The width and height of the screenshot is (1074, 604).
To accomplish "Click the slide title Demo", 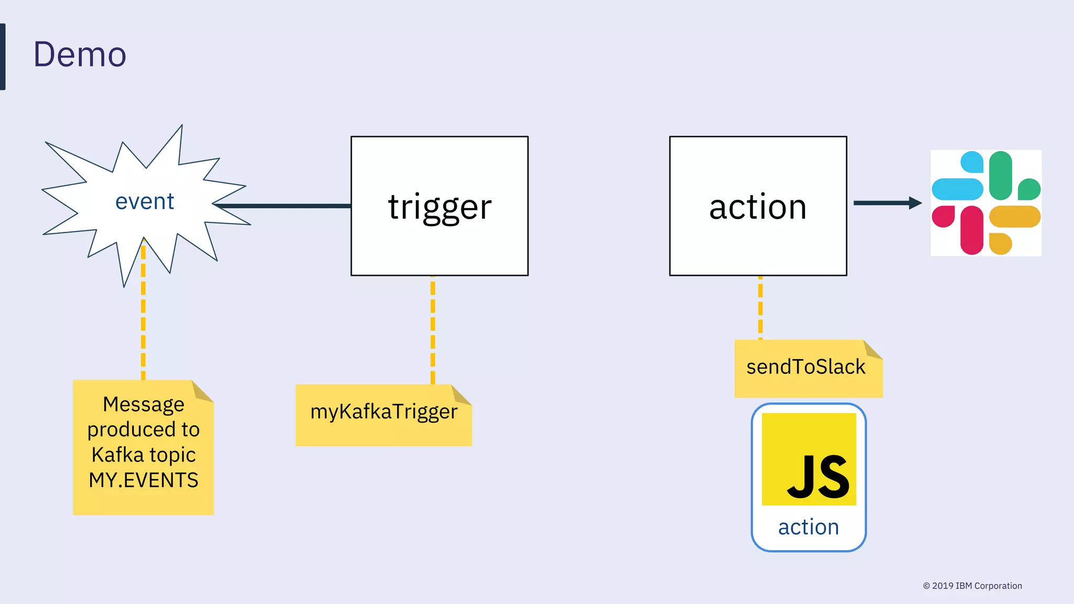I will (80, 55).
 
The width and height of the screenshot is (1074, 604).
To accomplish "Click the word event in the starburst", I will (145, 202).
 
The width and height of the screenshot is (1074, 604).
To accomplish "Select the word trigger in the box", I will (439, 207).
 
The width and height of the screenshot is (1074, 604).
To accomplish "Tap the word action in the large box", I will (758, 207).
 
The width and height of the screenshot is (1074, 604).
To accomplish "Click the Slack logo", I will (986, 203).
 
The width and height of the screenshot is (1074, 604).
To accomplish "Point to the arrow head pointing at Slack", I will (915, 203).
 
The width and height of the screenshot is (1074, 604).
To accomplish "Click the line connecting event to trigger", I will (283, 206).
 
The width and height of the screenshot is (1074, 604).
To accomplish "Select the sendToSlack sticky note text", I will (805, 367).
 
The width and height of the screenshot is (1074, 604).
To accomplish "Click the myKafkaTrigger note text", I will (384, 412).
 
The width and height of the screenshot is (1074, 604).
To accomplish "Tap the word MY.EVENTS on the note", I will (144, 480).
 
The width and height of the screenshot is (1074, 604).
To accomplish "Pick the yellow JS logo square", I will (809, 459).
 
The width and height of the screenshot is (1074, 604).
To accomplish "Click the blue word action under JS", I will (809, 527).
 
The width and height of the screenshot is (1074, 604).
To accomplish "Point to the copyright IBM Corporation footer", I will (972, 586).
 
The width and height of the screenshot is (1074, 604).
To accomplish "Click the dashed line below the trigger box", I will (433, 330).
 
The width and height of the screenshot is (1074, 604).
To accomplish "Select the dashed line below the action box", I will (760, 307).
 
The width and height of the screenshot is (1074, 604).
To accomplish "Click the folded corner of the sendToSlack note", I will (873, 349).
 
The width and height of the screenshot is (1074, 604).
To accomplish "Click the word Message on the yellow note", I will (144, 404).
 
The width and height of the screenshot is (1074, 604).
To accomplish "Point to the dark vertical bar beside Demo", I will (3, 57).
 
